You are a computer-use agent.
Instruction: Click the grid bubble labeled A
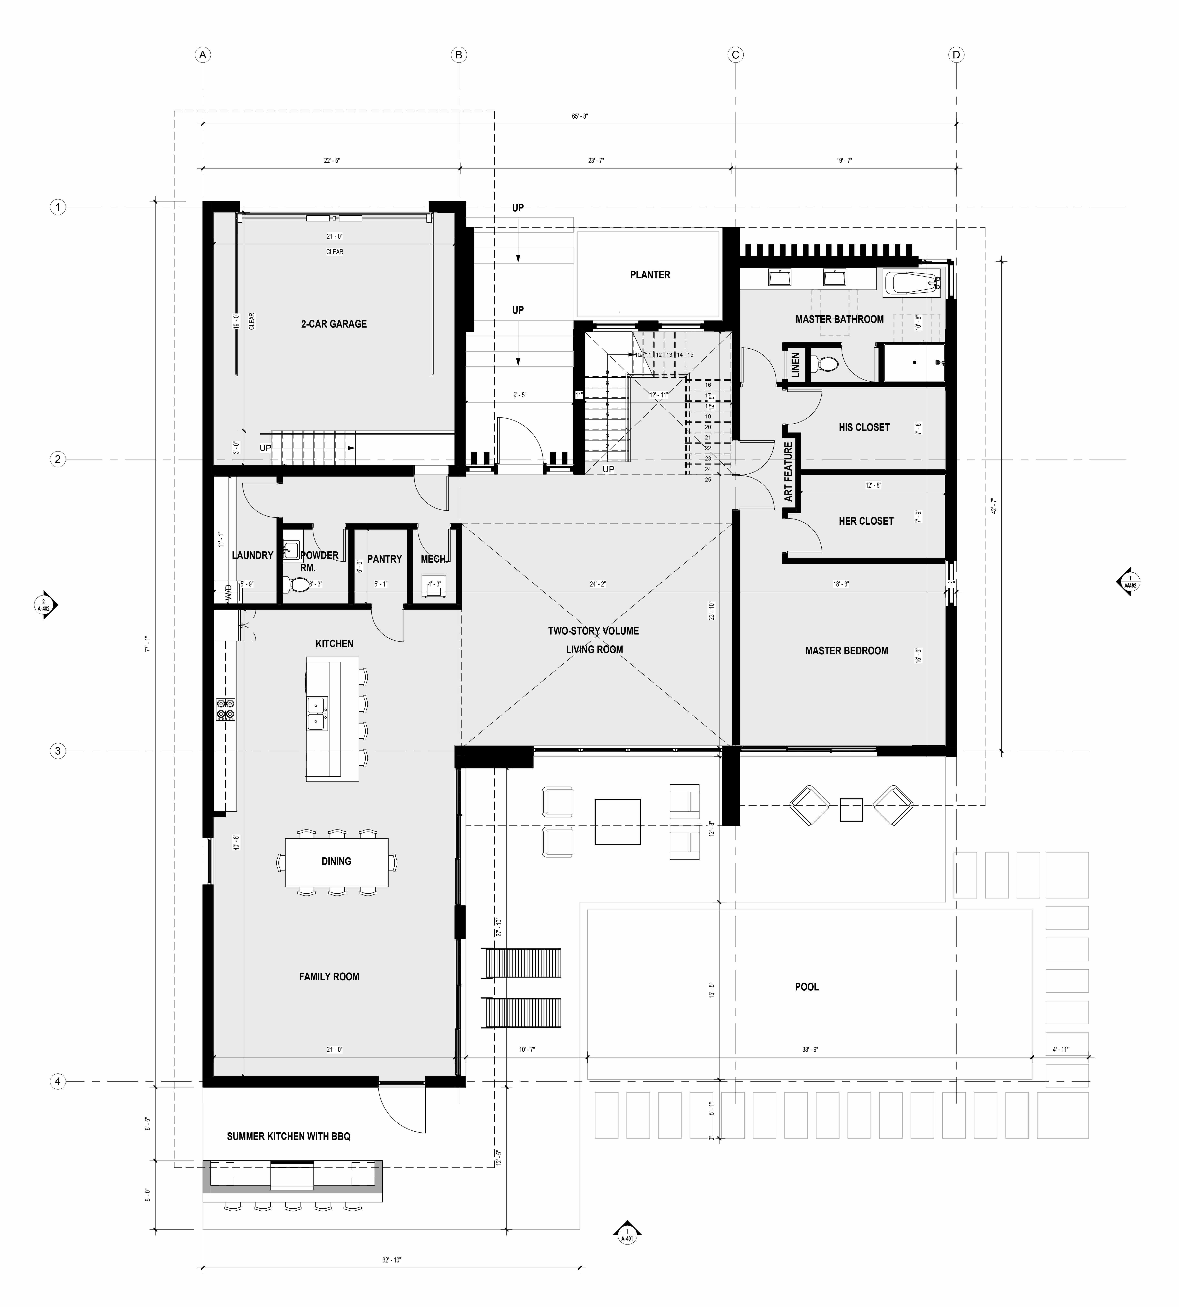(x=203, y=55)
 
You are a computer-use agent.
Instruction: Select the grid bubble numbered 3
(x=58, y=751)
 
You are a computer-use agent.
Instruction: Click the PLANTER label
(x=650, y=275)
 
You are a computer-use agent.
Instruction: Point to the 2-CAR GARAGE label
(x=334, y=324)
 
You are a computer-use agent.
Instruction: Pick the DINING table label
(x=336, y=861)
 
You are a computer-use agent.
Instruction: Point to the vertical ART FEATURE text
(x=788, y=472)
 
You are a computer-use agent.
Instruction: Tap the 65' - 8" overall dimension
(x=580, y=117)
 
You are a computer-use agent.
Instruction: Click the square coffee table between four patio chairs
(x=617, y=822)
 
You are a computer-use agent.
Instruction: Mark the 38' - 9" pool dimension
(x=810, y=1049)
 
